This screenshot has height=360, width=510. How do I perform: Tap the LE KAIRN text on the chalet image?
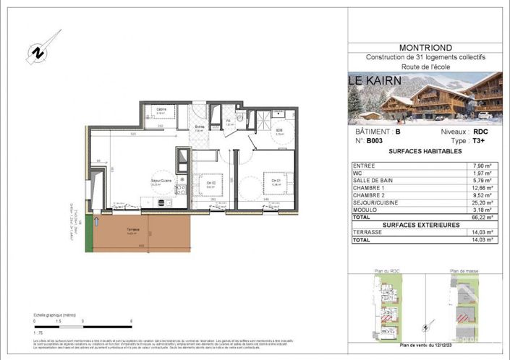point(373,81)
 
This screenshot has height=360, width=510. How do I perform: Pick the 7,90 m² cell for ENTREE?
point(480,166)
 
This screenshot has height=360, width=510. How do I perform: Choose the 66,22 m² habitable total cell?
point(480,216)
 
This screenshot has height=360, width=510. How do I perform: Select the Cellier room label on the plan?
point(161,110)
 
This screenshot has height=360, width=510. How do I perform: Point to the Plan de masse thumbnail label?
point(462,272)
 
